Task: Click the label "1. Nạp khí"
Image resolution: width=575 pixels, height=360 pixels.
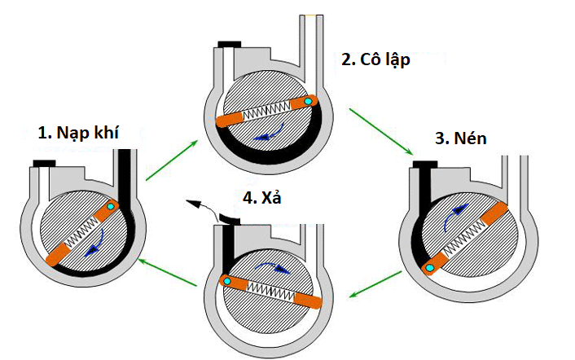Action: (x=78, y=133)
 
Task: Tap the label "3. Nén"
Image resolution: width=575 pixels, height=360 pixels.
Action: (x=460, y=138)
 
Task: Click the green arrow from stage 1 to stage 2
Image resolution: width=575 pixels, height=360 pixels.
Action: (x=172, y=159)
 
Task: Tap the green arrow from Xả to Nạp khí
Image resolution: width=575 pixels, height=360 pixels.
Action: (x=168, y=272)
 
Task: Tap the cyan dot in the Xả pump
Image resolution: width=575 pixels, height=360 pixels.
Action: (x=228, y=281)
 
